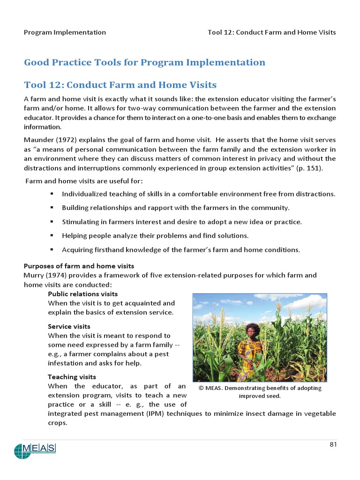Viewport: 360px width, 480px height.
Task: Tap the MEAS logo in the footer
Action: click(35, 450)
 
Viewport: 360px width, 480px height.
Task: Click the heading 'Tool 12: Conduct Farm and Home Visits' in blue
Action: click(120, 85)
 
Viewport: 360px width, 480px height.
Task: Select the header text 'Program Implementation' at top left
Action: click(65, 32)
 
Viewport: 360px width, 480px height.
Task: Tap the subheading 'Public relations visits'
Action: click(82, 294)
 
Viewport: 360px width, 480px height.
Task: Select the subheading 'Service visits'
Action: click(69, 326)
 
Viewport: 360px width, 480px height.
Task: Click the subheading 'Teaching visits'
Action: click(72, 377)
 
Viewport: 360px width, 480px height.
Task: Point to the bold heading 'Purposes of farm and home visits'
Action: click(79, 266)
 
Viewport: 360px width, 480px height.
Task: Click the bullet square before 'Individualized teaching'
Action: click(52, 194)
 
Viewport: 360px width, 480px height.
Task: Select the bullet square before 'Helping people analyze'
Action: click(52, 235)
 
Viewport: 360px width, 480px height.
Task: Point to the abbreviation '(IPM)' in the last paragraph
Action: click(155, 413)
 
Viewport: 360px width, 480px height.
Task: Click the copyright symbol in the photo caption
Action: click(201, 389)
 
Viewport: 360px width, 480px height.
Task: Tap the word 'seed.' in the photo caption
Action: click(272, 396)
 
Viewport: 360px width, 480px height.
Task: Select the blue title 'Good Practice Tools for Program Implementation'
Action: click(144, 62)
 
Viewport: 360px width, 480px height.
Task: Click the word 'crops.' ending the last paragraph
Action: click(58, 423)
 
